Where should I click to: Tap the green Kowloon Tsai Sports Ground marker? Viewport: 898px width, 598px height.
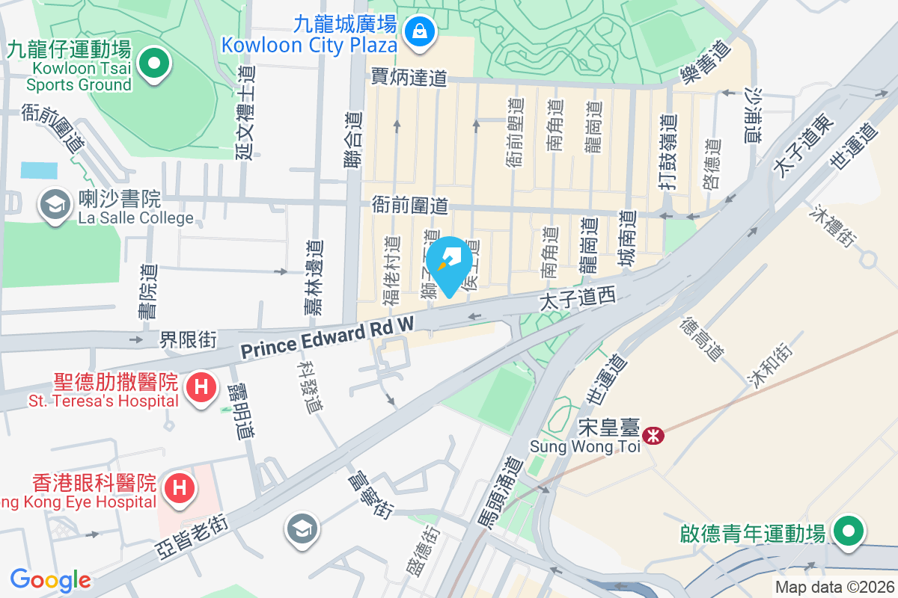point(154,64)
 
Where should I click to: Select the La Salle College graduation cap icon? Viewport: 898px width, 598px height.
point(55,202)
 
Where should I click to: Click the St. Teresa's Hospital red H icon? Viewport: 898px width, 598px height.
point(200,387)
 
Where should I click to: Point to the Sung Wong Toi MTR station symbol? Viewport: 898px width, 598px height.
point(654,434)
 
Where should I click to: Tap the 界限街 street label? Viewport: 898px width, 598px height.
point(188,340)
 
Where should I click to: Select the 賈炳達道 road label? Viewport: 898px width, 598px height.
point(409,76)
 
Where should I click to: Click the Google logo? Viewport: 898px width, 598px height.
point(50,580)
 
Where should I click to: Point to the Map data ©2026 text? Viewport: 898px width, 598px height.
point(834,588)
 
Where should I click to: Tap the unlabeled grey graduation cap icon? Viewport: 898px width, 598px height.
point(302,530)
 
